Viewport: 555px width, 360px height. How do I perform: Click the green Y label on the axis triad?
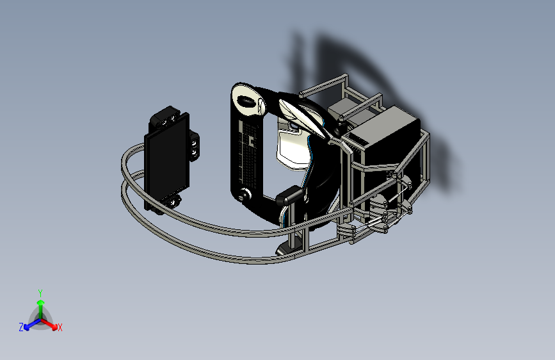coord(40,293)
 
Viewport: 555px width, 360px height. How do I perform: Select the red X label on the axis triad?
coord(60,327)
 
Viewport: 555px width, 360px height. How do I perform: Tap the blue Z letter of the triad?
coord(21,327)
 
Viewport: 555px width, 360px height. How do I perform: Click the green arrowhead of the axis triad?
coord(41,302)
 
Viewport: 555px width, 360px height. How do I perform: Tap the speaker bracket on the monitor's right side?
coord(195,145)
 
